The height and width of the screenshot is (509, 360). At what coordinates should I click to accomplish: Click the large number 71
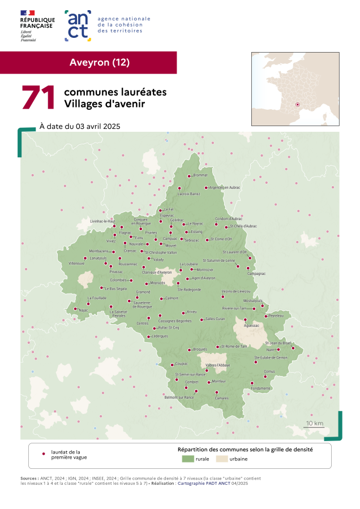point(38,97)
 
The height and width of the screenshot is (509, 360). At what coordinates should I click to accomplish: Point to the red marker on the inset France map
point(298,104)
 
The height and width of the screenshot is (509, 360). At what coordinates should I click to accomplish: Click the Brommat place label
point(200,175)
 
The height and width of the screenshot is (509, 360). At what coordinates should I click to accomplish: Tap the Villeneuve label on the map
point(77,264)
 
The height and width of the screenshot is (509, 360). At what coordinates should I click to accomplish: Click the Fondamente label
point(260,389)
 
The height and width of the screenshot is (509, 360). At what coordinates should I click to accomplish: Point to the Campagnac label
point(256,273)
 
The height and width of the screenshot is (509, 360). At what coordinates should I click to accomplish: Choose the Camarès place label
point(221,398)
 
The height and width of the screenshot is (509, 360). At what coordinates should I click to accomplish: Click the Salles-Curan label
point(215,319)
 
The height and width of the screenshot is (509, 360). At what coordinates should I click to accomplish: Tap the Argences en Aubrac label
point(225,187)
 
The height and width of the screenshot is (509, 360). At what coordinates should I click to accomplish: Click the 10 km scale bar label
point(315,423)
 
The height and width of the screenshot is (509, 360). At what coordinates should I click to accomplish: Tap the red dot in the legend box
point(44,454)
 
